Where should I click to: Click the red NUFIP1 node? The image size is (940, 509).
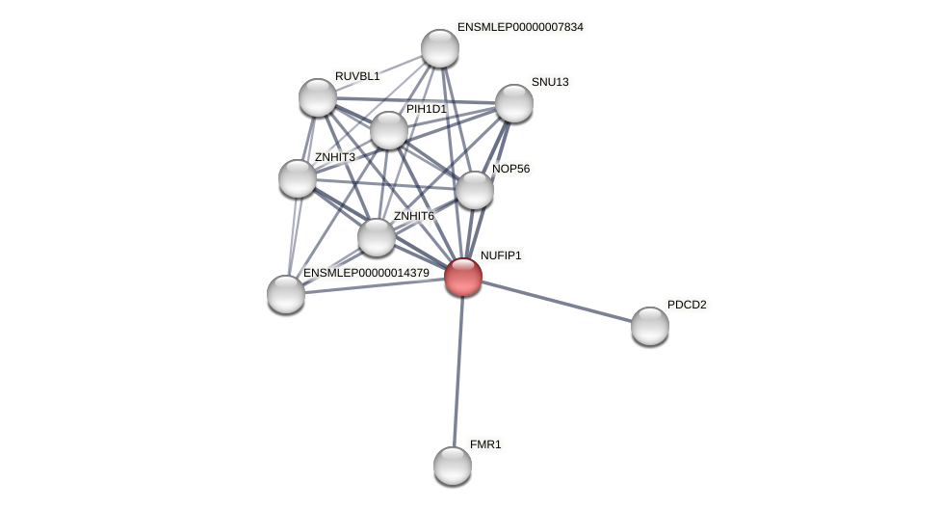(x=463, y=277)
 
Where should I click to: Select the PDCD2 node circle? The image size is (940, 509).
(x=650, y=326)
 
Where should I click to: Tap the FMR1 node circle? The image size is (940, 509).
(x=453, y=466)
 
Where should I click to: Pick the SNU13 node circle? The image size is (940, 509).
(x=514, y=103)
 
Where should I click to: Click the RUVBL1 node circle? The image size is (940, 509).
(x=318, y=97)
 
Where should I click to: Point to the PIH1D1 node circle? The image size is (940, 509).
(x=389, y=130)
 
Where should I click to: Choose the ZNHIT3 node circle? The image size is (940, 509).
(x=298, y=178)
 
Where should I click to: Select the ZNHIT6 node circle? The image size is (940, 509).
(x=377, y=237)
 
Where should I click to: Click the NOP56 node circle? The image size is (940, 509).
(x=475, y=190)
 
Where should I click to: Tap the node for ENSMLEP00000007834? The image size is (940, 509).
(x=440, y=48)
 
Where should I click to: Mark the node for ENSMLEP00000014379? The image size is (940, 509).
(x=286, y=294)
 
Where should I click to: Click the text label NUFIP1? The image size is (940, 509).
(x=501, y=255)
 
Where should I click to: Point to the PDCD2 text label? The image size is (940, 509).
(x=687, y=305)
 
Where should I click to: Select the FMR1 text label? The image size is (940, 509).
(x=485, y=444)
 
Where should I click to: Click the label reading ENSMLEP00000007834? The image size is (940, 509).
(x=520, y=27)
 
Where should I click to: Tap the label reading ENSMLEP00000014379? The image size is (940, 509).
(x=366, y=273)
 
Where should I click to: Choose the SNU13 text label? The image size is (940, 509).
(x=550, y=82)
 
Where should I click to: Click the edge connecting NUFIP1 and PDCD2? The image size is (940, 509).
(x=557, y=302)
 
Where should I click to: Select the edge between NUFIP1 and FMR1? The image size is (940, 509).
(x=458, y=371)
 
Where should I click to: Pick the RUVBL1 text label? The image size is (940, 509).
(x=357, y=76)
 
